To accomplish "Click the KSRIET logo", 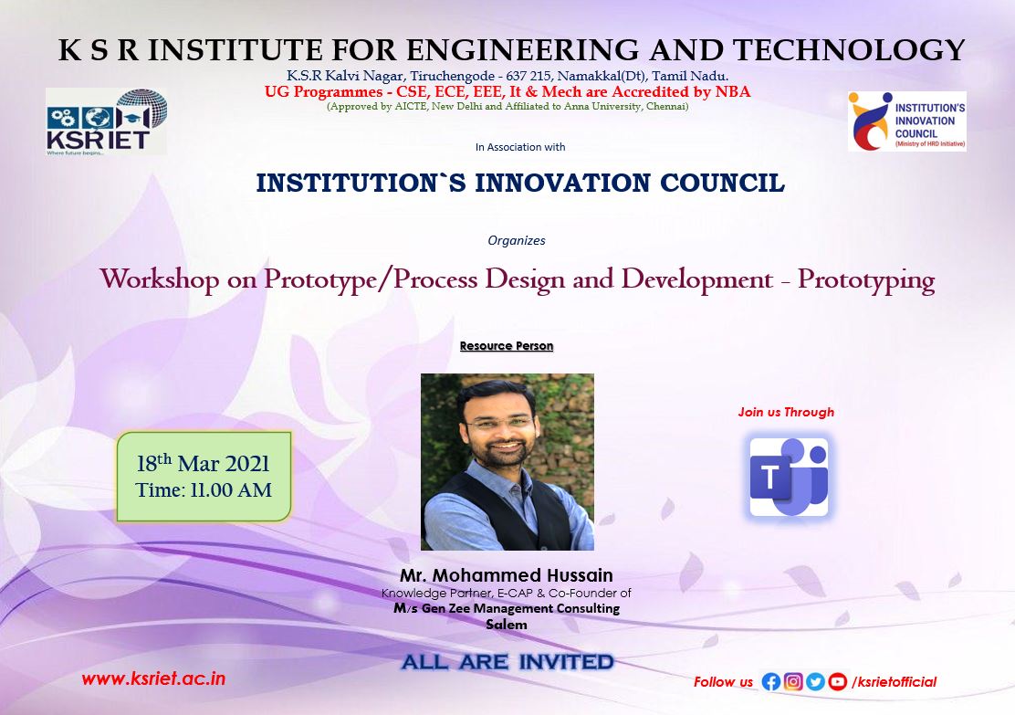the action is coord(106,121).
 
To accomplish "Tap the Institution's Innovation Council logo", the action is coord(907,121).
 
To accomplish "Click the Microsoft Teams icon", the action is coord(789,477).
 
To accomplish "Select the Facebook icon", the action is coord(770,681).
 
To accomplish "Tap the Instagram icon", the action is coord(793,681).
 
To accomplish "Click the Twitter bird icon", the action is coord(815,681).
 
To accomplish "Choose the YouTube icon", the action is coord(838,681).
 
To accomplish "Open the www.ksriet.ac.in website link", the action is coord(153,678).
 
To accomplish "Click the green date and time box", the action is coord(204,477).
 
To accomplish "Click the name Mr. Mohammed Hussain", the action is coord(507,575).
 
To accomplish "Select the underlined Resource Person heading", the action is coord(507,346).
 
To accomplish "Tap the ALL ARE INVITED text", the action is coord(507,662).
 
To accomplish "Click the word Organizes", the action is coord(517,240).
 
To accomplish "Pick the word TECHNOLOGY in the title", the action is coord(849,50).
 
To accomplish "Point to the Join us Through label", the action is coord(786,412).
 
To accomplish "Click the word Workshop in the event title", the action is coord(160,279).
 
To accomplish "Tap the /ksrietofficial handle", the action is coord(894,681).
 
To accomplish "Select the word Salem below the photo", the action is coord(507,625).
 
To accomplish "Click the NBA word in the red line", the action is coord(733,91).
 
